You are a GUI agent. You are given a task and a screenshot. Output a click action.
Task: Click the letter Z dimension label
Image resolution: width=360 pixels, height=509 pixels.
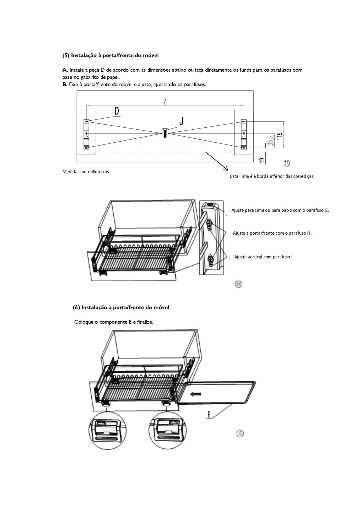point(164,102)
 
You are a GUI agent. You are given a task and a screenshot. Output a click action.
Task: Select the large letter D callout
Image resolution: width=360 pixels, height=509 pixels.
point(117,111)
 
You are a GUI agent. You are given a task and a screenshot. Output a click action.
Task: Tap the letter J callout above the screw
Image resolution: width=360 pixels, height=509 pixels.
point(181,121)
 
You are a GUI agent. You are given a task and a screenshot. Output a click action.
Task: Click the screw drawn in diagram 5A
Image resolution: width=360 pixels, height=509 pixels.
point(164,133)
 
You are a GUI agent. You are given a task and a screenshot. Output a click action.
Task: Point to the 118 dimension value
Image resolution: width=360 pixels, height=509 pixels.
point(279,136)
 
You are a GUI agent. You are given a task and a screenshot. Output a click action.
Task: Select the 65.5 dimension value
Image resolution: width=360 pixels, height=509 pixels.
point(270,141)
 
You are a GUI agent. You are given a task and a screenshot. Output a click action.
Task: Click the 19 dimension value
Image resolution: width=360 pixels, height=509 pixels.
point(261,160)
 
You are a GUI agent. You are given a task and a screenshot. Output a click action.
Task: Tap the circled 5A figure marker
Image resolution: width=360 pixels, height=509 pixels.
point(287,163)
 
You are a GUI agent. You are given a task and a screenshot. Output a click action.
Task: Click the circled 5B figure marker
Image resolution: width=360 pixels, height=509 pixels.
point(238,284)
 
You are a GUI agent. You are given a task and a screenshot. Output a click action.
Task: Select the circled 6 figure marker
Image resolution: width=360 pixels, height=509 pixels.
point(240,434)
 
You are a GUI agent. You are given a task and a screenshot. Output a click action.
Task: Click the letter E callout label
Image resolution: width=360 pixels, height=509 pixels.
point(209,414)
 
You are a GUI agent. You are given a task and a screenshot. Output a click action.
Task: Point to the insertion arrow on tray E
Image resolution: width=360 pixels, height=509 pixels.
point(196,394)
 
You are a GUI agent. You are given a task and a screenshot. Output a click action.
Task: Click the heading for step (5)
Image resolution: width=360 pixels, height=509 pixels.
point(111,55)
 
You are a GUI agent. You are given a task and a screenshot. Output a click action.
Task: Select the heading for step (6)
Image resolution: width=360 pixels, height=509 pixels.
point(121,307)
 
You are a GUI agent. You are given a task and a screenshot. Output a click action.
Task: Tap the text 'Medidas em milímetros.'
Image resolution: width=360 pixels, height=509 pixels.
point(86,172)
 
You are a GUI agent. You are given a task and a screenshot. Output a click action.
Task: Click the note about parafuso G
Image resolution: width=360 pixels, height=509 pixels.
point(280,210)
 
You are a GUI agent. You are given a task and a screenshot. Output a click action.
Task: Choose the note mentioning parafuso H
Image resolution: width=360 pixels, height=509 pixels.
point(272,233)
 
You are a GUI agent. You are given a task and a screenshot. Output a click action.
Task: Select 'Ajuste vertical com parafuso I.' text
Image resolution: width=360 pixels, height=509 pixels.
point(264,257)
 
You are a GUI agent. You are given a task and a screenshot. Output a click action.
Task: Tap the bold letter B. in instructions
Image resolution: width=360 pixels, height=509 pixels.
point(65,84)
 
